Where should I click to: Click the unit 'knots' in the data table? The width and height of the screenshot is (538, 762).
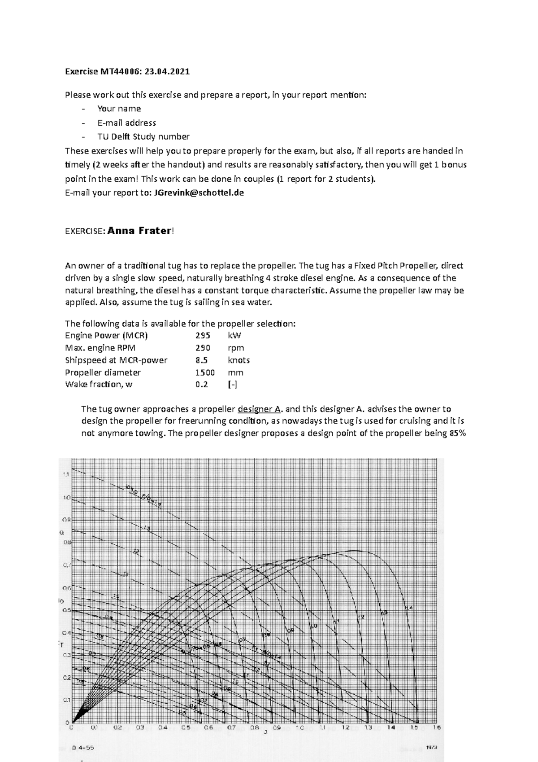point(239,360)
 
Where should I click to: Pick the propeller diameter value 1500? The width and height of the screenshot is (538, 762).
point(205,372)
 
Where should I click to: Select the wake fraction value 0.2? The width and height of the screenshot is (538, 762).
point(201,385)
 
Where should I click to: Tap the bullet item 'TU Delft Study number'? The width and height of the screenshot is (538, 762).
point(143,136)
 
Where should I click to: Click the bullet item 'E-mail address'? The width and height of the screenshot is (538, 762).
point(126,123)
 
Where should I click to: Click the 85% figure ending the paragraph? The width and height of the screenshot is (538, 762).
point(458,434)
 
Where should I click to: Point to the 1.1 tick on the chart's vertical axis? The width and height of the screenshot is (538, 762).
point(66,474)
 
